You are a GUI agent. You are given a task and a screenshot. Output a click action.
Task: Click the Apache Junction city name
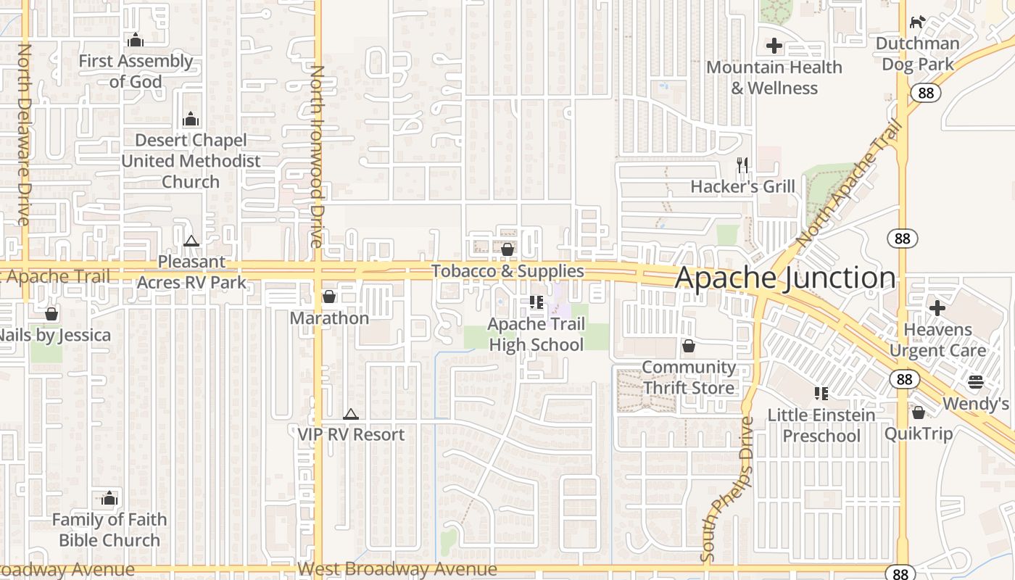[x=785, y=278]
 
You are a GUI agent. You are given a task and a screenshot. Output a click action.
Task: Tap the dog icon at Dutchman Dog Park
[x=918, y=22]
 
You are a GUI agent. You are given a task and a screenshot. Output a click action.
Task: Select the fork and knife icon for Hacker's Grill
[x=742, y=165]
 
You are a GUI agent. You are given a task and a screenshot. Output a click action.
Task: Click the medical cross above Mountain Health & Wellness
[x=774, y=46]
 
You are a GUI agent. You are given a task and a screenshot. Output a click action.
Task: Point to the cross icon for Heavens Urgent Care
[x=937, y=308]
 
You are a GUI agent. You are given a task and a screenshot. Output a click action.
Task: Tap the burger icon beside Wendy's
[x=976, y=382]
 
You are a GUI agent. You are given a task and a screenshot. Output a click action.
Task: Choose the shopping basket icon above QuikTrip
[x=919, y=413]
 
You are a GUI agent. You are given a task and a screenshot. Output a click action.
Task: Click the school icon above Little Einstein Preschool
[x=821, y=394]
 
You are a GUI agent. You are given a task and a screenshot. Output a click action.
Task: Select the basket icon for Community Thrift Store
[x=689, y=347]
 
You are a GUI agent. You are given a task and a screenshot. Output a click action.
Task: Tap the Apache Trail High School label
[x=536, y=334]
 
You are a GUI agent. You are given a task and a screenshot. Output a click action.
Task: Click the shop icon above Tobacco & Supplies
[x=507, y=249]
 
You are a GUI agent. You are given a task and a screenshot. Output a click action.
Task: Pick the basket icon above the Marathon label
[x=329, y=297]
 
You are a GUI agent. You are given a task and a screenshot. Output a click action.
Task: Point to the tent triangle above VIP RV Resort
[x=351, y=414]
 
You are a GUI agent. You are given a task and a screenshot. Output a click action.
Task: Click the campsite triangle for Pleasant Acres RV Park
[x=191, y=241]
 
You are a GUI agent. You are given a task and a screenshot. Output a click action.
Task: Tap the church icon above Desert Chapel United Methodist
[x=191, y=119]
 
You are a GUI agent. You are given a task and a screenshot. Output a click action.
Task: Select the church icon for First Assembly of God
[x=135, y=40]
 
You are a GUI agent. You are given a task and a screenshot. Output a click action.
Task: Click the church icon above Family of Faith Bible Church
[x=109, y=498]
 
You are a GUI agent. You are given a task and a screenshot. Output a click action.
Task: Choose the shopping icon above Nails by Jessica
[x=51, y=314]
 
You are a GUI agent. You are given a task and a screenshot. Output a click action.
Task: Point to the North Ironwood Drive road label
[x=317, y=156]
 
